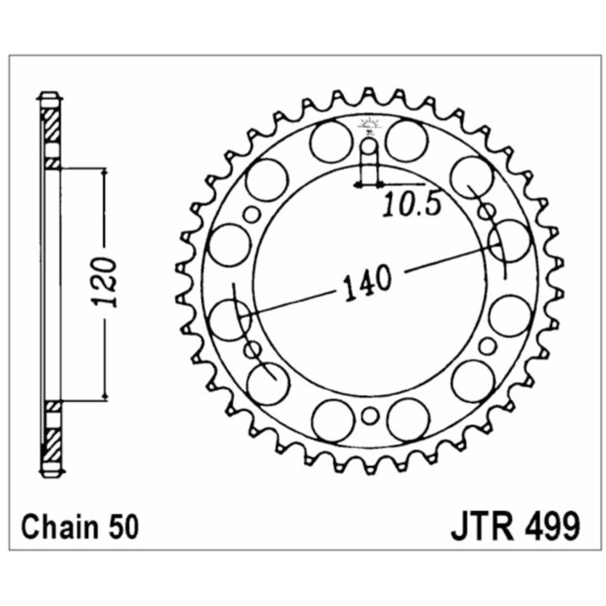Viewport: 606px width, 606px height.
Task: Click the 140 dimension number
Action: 368,282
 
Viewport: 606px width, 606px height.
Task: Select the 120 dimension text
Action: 104,281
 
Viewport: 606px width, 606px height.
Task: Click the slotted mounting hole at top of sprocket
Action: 370,162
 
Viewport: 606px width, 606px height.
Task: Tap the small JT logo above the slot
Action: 370,125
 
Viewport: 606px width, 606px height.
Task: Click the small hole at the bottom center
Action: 370,416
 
